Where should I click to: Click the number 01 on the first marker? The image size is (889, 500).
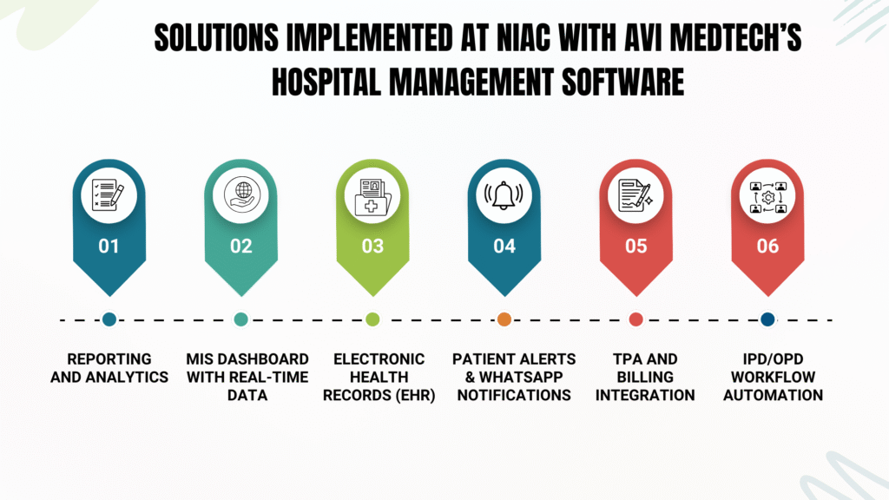(109, 247)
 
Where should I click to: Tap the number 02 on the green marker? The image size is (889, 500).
(240, 247)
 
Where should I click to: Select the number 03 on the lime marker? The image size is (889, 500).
(372, 247)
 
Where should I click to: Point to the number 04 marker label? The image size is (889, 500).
(504, 247)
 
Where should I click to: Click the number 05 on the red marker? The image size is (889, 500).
(635, 247)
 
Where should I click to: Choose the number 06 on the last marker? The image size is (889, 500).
(767, 247)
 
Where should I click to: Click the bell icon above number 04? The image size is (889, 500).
(504, 195)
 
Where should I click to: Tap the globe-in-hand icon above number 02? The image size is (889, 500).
(240, 195)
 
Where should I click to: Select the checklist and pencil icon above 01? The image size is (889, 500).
(109, 195)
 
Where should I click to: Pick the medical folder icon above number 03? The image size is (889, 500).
(372, 195)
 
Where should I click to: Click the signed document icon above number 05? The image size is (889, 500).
(635, 195)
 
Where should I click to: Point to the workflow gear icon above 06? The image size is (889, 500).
(767, 195)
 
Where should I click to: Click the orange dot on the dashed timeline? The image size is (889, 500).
(504, 319)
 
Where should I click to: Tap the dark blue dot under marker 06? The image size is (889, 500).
(767, 319)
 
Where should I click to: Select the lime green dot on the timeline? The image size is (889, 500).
(372, 319)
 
